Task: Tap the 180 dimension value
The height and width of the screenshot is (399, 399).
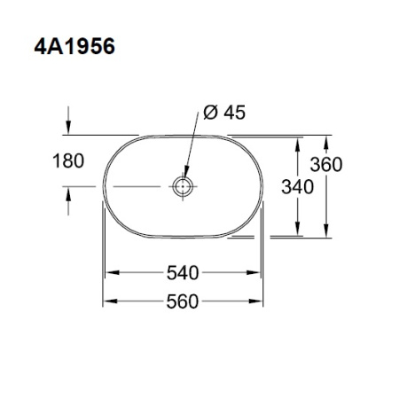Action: (67, 161)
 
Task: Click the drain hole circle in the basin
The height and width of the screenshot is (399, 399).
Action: (184, 187)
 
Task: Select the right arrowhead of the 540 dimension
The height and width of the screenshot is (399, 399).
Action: (255, 273)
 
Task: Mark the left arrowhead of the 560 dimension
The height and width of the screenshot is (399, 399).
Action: (109, 301)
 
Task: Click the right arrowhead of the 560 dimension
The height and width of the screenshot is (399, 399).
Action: (260, 301)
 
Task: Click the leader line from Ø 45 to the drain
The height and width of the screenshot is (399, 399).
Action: (192, 151)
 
